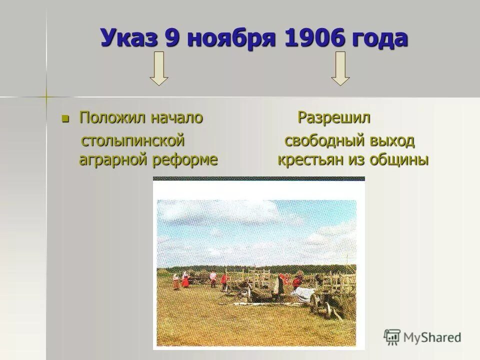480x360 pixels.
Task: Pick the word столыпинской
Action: (x=133, y=141)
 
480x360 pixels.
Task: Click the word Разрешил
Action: (x=334, y=118)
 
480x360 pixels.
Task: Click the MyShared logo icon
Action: (x=392, y=336)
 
